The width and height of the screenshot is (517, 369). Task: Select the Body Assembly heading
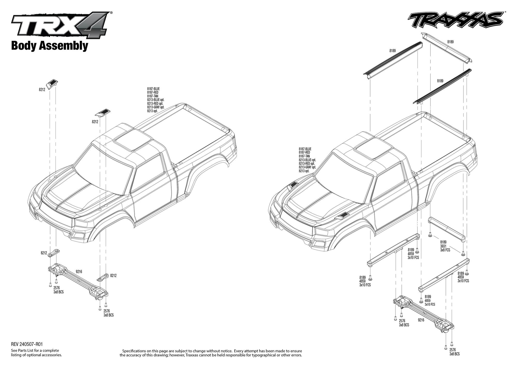pyautogui.click(x=50, y=46)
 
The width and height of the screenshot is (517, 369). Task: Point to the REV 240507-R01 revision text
pyautogui.click(x=27, y=344)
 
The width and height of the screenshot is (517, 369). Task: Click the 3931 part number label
pyautogui.click(x=443, y=246)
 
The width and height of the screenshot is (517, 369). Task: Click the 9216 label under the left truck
pyautogui.click(x=79, y=272)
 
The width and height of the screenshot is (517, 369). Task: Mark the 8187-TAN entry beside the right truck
pyautogui.click(x=304, y=156)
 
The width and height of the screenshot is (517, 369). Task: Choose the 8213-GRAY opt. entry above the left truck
pyautogui.click(x=156, y=107)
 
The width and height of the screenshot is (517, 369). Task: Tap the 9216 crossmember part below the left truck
pyautogui.click(x=78, y=281)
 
